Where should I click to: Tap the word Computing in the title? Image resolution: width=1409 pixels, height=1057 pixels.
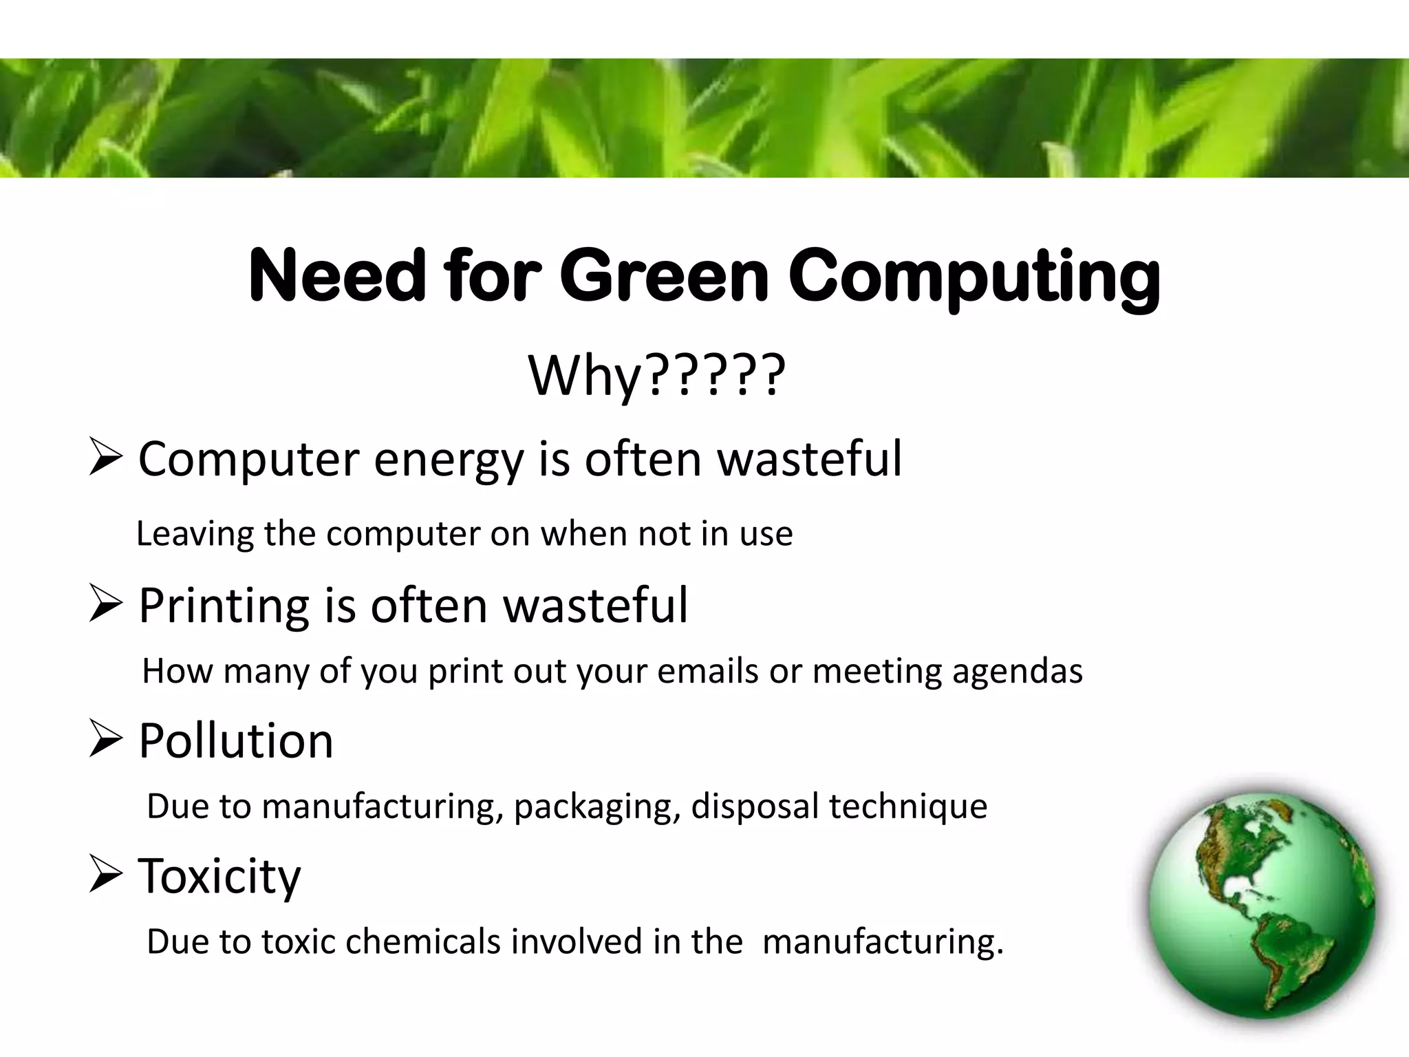pyautogui.click(x=974, y=279)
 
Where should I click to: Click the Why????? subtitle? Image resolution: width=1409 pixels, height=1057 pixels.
pyautogui.click(x=656, y=376)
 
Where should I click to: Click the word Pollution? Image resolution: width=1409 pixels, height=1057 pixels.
pyautogui.click(x=236, y=741)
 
